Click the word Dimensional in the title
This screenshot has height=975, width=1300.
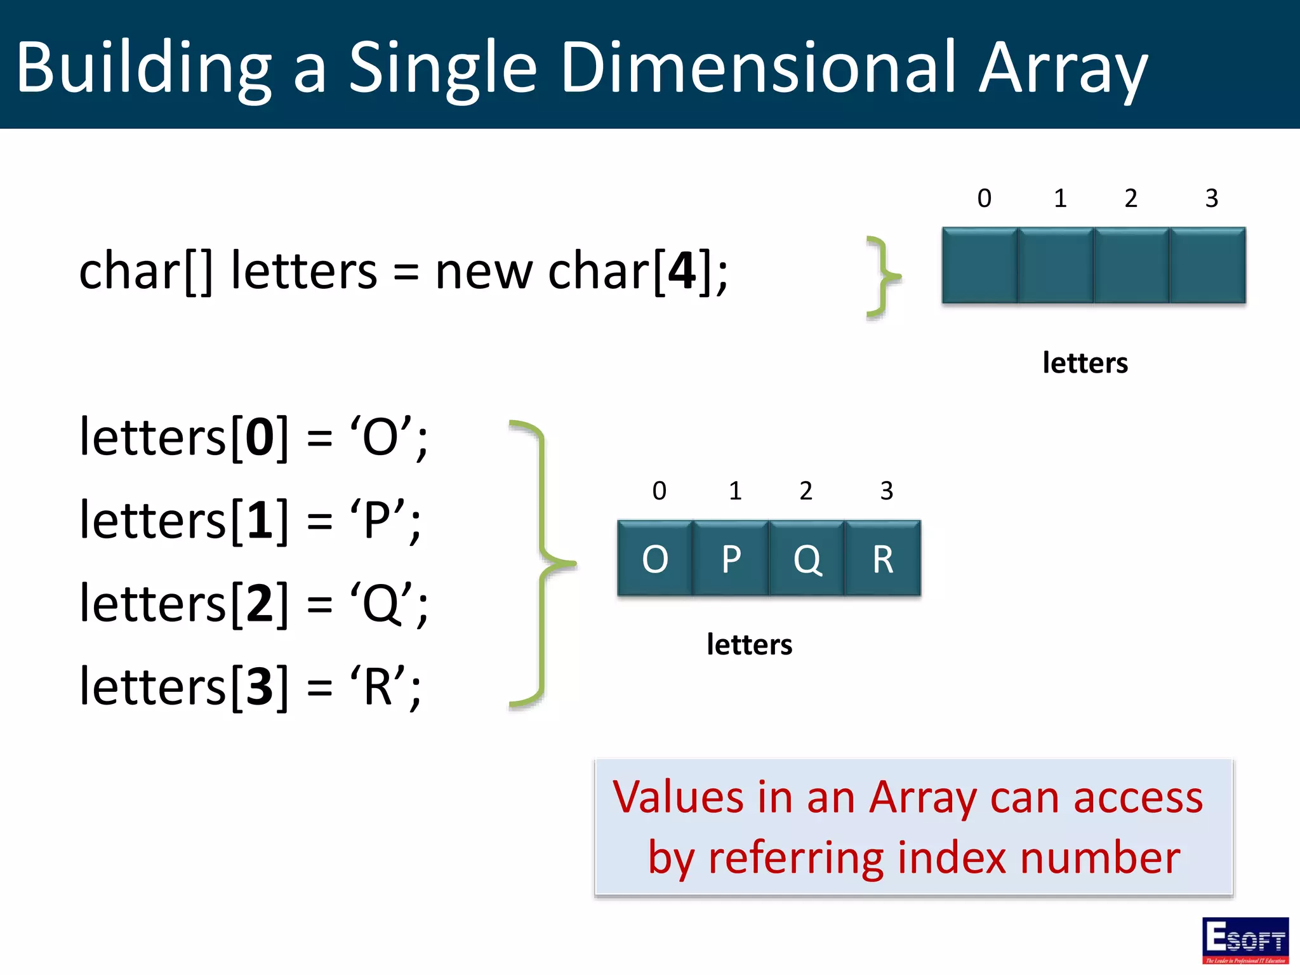[758, 67]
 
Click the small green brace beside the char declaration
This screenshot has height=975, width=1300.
[883, 277]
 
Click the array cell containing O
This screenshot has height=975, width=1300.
[655, 559]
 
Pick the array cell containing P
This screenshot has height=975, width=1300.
[731, 559]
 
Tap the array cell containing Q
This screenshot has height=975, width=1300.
[807, 559]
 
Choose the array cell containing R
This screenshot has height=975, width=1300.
[883, 559]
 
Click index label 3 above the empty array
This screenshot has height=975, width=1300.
[1211, 199]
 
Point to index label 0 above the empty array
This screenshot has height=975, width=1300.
[984, 199]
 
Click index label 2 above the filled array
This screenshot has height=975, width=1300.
[806, 491]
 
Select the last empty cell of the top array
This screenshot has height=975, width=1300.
[1207, 265]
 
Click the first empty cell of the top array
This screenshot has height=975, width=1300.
[980, 265]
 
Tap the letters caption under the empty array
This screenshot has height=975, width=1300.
[1085, 363]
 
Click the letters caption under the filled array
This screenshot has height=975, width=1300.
[749, 644]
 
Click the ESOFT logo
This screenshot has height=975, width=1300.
[1245, 940]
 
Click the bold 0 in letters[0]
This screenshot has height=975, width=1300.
[260, 437]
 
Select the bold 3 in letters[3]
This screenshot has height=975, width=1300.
[260, 686]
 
